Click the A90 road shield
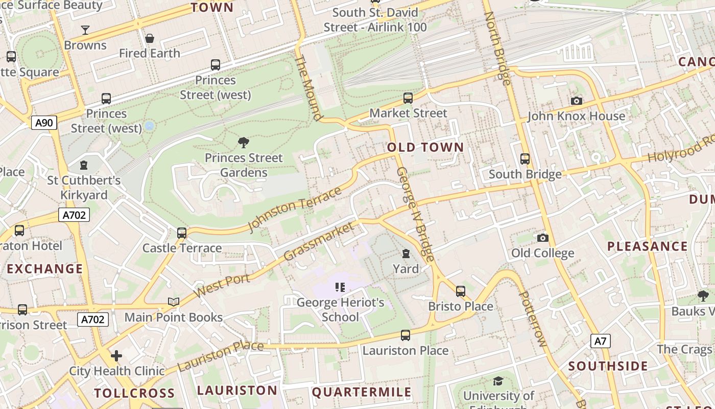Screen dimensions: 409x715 tap(44, 122)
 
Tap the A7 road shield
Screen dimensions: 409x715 tap(601, 340)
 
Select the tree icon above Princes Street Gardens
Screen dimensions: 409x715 tap(244, 143)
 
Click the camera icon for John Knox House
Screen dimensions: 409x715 tap(577, 101)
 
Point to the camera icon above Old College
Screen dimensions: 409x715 tap(543, 238)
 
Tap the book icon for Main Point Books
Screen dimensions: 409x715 tap(174, 302)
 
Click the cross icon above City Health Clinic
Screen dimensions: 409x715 tap(116, 355)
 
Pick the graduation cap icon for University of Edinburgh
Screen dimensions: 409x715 tap(498, 381)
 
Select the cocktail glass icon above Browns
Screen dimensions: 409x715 tap(85, 30)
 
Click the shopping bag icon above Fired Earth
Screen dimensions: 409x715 tap(150, 38)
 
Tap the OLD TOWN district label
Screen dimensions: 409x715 tap(425, 148)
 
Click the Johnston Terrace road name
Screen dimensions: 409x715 tap(295, 209)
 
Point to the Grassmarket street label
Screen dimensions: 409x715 tap(319, 241)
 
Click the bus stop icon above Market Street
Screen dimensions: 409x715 tap(408, 98)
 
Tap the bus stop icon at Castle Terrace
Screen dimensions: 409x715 tap(182, 233)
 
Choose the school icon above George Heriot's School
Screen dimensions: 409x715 tap(340, 287)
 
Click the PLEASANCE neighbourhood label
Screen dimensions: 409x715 tap(647, 246)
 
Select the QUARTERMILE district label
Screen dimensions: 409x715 tap(362, 392)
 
